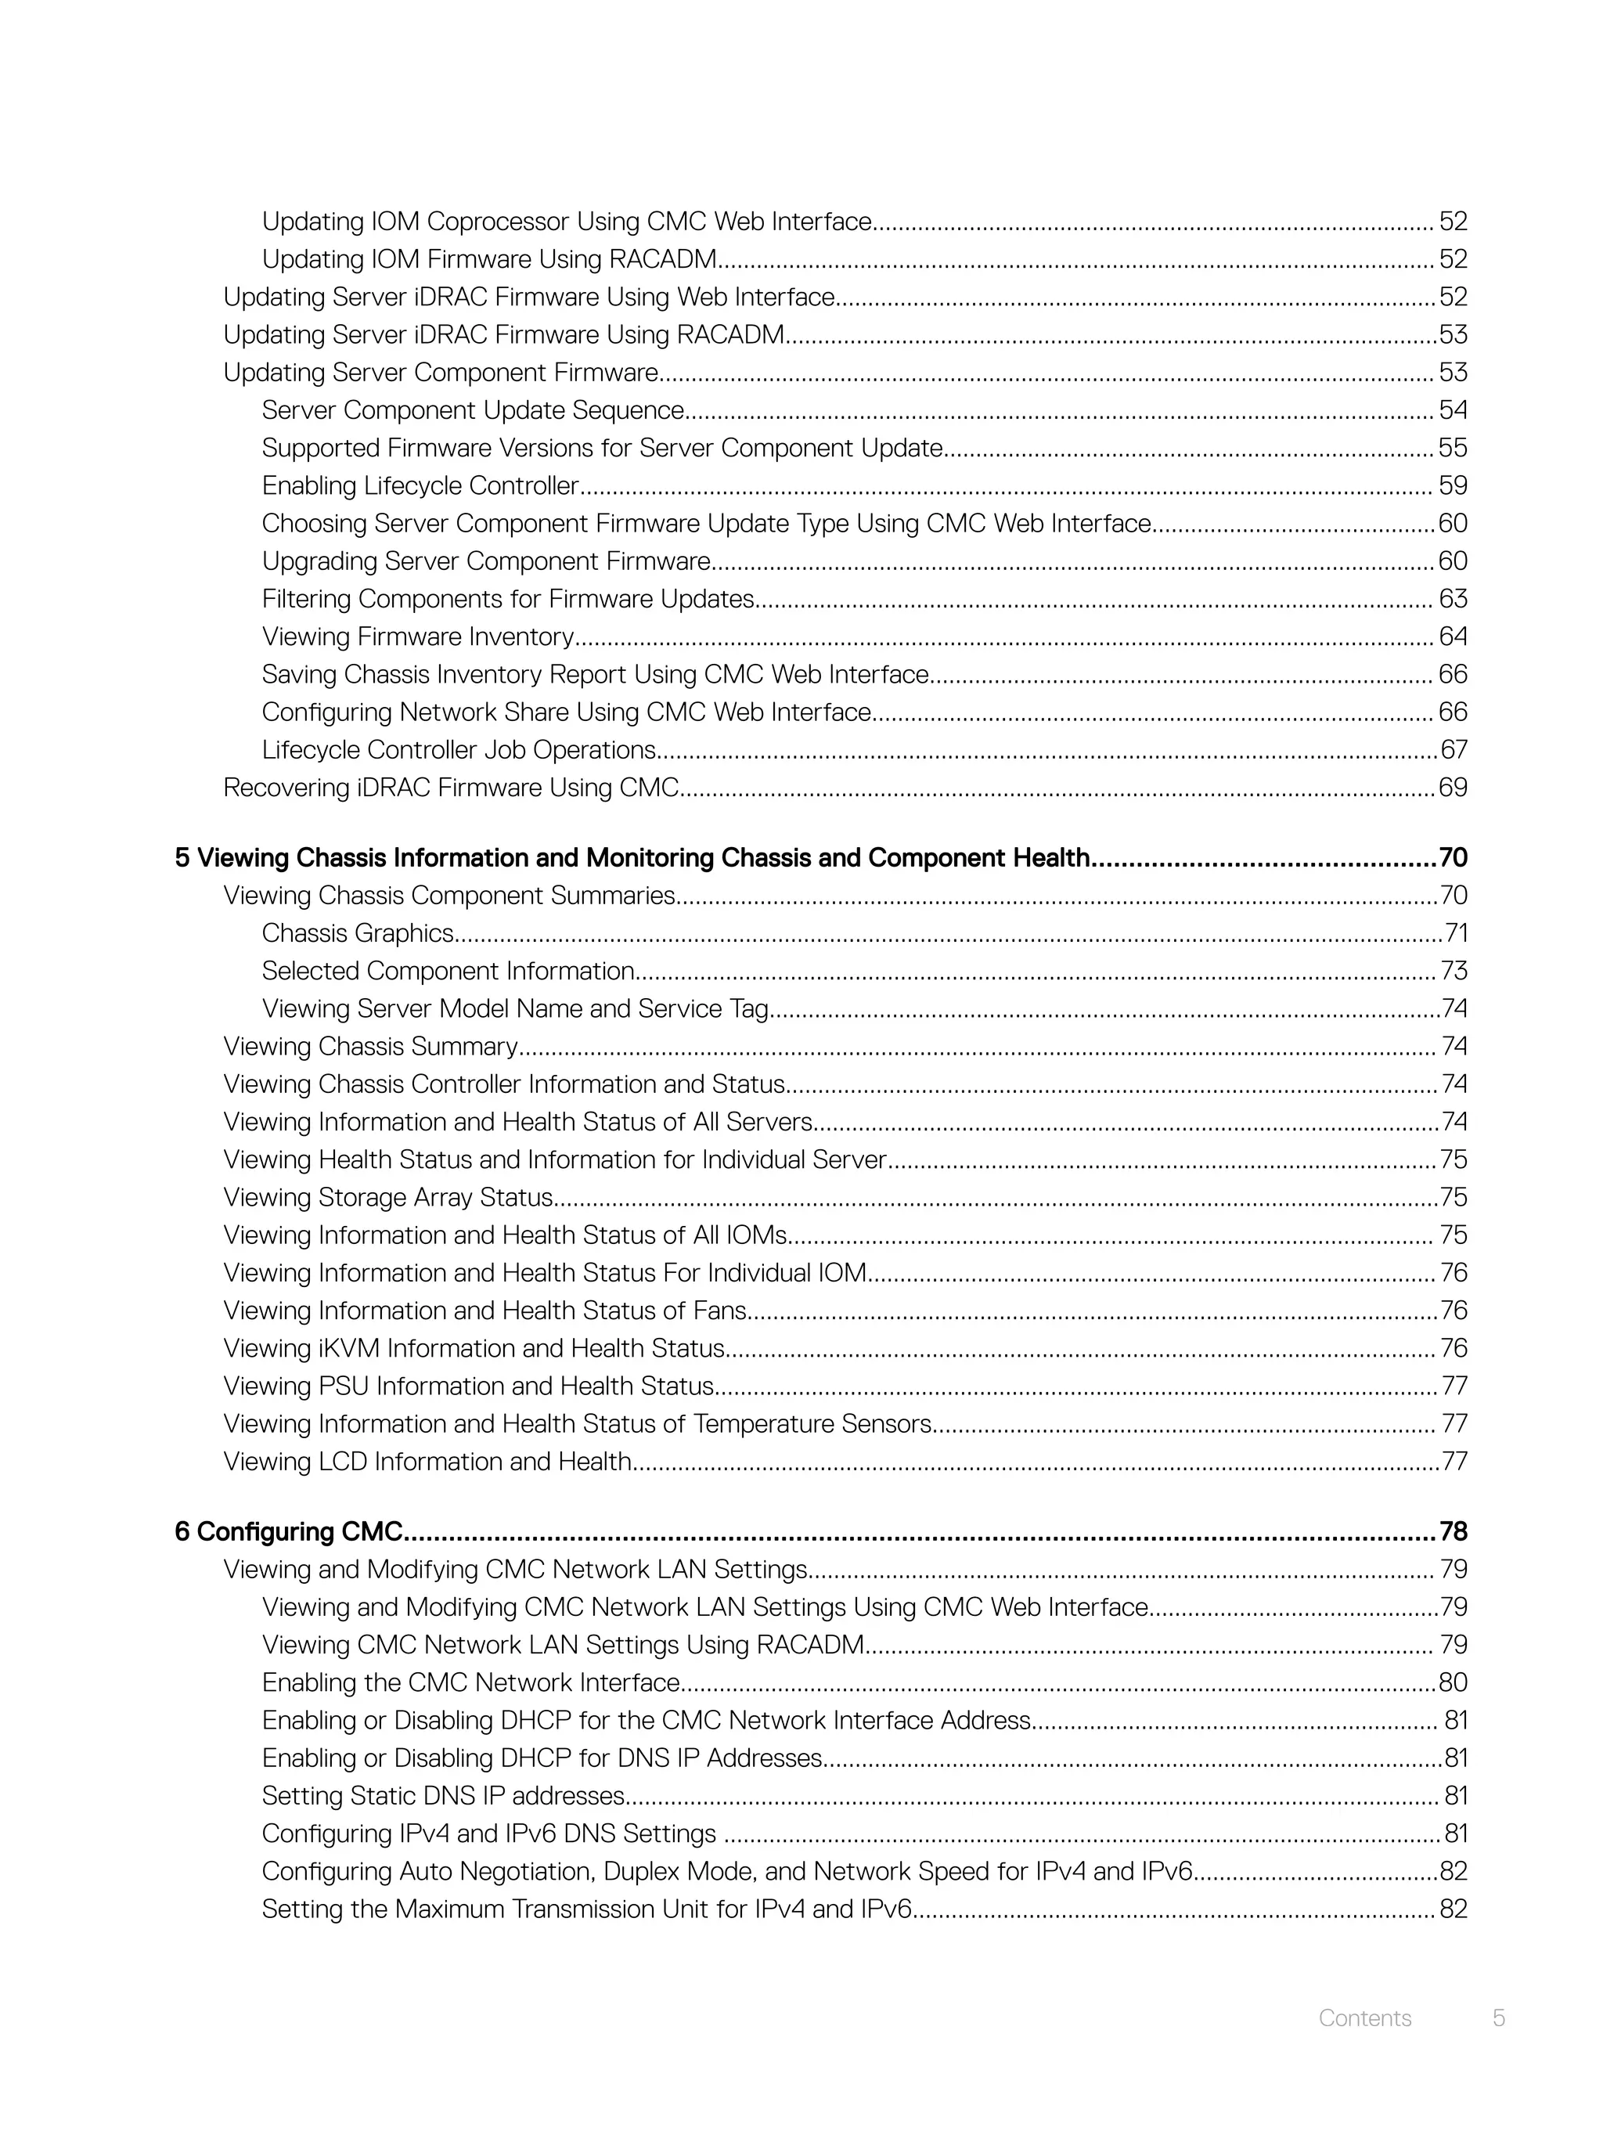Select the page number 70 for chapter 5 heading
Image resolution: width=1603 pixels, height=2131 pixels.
1453,857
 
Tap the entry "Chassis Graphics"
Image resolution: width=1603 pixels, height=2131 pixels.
358,932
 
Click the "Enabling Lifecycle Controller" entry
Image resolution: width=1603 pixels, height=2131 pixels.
420,485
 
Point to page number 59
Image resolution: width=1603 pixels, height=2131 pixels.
1453,485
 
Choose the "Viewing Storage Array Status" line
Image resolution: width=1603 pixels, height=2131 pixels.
388,1198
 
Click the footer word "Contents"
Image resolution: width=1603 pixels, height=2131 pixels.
1364,2018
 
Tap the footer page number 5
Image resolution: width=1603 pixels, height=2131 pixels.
1498,2018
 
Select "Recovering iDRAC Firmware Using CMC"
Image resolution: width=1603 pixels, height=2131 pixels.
451,788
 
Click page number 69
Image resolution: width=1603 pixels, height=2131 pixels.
1453,788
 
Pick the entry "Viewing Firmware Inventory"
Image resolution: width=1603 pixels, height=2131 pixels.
418,636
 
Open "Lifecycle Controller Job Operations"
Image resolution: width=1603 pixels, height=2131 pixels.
459,751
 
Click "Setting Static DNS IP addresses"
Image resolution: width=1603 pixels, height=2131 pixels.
444,1796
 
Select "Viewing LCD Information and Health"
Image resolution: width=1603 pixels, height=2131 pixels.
427,1462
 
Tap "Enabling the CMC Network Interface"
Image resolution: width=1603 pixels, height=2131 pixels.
471,1683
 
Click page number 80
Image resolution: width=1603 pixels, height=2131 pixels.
1453,1683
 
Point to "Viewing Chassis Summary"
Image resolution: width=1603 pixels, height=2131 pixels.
371,1046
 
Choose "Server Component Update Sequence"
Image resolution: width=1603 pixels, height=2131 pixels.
473,410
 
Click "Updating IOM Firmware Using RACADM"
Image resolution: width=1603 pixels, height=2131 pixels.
489,259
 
